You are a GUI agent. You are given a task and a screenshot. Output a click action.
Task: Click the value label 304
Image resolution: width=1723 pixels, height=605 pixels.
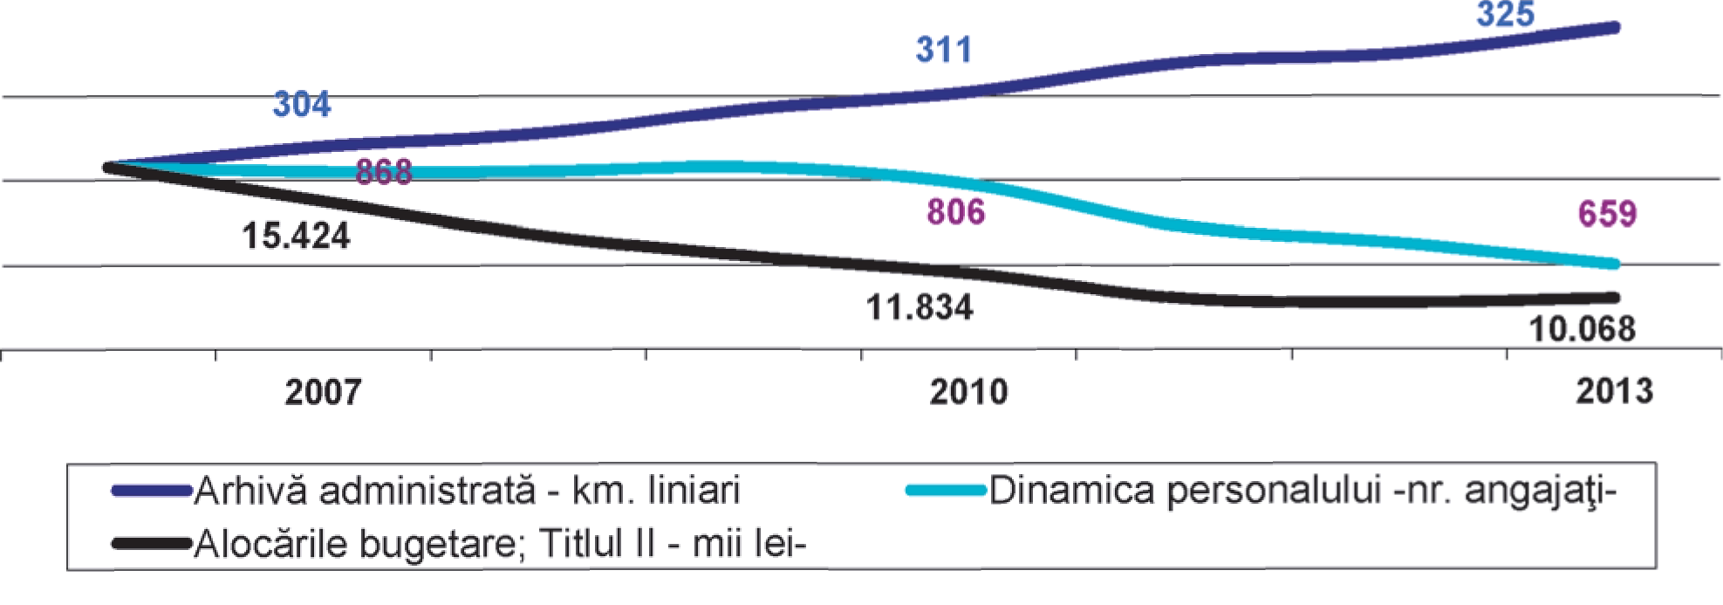302,105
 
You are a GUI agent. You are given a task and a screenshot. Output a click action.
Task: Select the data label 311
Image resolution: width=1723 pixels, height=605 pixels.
943,50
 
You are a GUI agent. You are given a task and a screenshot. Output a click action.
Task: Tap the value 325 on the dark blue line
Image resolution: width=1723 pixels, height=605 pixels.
1505,15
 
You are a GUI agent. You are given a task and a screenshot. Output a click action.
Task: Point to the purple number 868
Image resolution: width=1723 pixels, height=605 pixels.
384,172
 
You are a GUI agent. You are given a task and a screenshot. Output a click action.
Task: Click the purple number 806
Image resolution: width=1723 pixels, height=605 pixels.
955,212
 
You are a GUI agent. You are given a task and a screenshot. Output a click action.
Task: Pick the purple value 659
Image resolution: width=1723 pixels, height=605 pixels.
1607,214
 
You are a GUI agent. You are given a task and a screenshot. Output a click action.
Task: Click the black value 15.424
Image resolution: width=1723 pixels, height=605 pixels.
296,237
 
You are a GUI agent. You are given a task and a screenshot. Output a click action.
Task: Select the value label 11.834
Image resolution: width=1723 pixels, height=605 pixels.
919,308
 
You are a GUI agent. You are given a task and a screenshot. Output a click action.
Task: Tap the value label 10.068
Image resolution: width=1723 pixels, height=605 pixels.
1582,329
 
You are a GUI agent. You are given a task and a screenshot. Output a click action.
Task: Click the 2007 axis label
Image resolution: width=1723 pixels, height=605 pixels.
323,392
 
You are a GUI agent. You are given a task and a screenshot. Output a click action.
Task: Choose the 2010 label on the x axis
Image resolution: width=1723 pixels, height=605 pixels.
968,392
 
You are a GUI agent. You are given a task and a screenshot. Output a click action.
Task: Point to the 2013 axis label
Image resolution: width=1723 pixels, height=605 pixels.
1614,391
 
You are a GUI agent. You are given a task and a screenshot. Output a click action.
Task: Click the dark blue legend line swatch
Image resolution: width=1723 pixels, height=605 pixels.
151,492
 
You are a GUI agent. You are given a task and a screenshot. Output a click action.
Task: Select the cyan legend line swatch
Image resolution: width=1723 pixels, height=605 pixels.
945,491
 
